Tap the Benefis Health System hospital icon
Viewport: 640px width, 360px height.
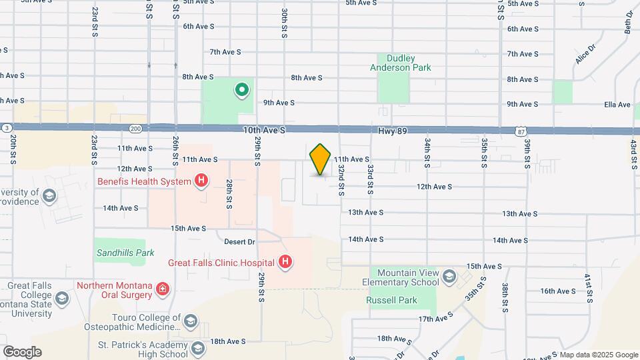pos(201,180)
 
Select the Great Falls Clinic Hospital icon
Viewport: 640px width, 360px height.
pos(285,262)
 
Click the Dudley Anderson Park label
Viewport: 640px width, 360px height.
pos(401,62)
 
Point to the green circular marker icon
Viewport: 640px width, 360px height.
pos(241,89)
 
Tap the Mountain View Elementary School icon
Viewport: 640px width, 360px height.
pos(449,277)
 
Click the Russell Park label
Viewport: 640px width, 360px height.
pos(391,301)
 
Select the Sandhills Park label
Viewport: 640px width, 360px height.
pos(125,253)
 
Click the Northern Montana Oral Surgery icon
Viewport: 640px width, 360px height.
pos(162,289)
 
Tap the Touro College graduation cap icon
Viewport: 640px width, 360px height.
pos(189,321)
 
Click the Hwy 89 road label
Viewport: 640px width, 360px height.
pos(393,131)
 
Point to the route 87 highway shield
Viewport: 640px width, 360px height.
pos(520,132)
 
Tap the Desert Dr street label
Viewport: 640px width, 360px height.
pos(239,241)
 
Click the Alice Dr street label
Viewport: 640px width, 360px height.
pos(585,54)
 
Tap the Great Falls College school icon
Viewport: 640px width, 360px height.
pos(62,297)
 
